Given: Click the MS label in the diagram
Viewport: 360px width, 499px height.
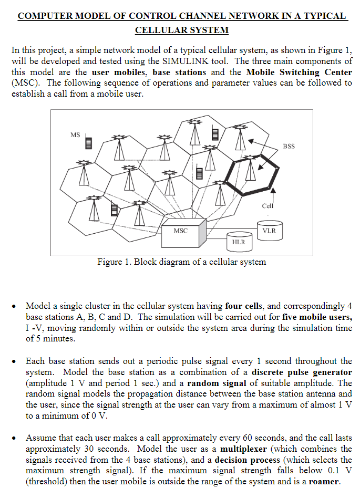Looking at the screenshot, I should click(75, 135).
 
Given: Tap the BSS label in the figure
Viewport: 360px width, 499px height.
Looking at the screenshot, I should click(289, 145).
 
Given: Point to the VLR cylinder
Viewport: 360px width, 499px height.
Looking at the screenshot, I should click(269, 230).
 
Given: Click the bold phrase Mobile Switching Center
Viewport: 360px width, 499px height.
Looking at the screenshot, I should click(299, 72).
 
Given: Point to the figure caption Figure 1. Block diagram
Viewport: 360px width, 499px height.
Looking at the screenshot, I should click(181, 262).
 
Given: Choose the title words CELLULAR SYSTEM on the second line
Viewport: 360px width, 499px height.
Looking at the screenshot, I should click(182, 30).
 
